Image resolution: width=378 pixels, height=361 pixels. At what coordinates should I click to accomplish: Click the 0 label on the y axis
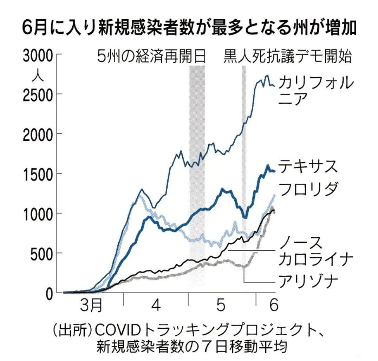pyautogui.click(x=49, y=293)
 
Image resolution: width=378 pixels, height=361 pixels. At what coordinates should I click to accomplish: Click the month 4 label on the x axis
pyautogui.click(x=156, y=306)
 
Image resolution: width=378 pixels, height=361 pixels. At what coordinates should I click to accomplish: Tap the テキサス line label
pyautogui.click(x=308, y=166)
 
